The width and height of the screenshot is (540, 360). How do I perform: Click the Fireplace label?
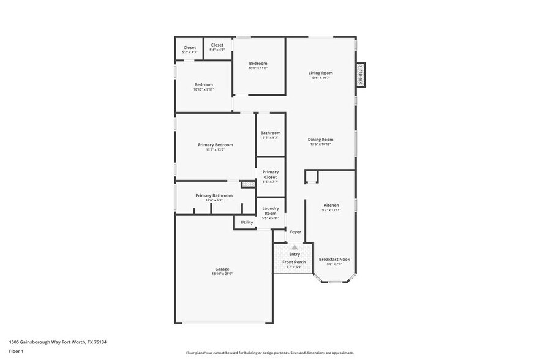pyautogui.click(x=361, y=74)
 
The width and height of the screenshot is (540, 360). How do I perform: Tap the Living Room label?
pyautogui.click(x=320, y=73)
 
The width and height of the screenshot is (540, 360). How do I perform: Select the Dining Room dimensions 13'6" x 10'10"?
pyautogui.click(x=320, y=144)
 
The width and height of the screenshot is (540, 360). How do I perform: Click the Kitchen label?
pyautogui.click(x=331, y=205)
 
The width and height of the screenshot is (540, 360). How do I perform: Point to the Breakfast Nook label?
pyautogui.click(x=334, y=259)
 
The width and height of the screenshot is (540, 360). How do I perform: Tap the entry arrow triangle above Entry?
pyautogui.click(x=294, y=247)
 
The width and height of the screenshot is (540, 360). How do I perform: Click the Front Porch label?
pyautogui.click(x=294, y=262)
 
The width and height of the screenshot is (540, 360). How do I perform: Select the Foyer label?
pyautogui.click(x=295, y=232)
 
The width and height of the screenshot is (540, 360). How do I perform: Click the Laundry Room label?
pyautogui.click(x=270, y=211)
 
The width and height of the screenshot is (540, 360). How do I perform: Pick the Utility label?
pyautogui.click(x=247, y=222)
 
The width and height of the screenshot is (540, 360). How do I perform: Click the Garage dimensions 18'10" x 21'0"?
pyautogui.click(x=222, y=274)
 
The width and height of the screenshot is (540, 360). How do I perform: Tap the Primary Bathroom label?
pyautogui.click(x=214, y=195)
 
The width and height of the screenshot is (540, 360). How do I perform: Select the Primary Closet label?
pyautogui.click(x=270, y=174)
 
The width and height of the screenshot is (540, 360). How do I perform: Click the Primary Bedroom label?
pyautogui.click(x=215, y=144)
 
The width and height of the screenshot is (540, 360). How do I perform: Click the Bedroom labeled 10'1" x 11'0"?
pyautogui.click(x=258, y=63)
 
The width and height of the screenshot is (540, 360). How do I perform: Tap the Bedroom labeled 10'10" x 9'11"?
pyautogui.click(x=204, y=84)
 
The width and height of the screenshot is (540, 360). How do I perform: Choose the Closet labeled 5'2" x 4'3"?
pyautogui.click(x=190, y=47)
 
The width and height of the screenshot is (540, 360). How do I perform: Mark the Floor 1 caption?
pyautogui.click(x=16, y=351)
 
